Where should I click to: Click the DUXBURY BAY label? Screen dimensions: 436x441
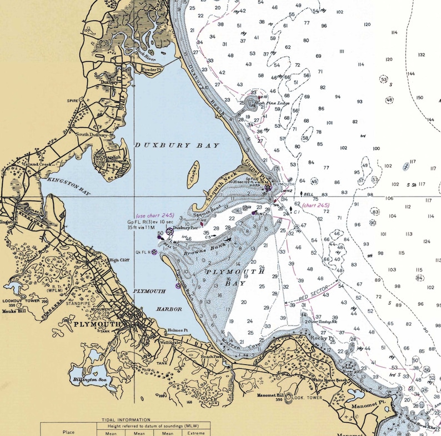pyautogui.click(x=177, y=145)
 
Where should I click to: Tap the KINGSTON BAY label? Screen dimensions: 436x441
pyautogui.click(x=69, y=185)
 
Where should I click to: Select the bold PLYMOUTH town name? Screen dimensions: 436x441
pyautogui.click(x=97, y=324)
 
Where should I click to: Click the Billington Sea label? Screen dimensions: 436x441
pyautogui.click(x=91, y=381)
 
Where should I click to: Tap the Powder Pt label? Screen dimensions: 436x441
pyautogui.click(x=151, y=70)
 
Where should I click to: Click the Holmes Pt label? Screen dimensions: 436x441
pyautogui.click(x=178, y=330)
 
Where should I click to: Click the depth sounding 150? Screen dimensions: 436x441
pyautogui.click(x=419, y=98)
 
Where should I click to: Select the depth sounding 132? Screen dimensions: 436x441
pyautogui.click(x=421, y=54)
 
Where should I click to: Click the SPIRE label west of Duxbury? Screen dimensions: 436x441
pyautogui.click(x=71, y=101)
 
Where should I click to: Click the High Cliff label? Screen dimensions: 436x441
pyautogui.click(x=118, y=259)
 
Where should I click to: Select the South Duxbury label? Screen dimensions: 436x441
pyautogui.click(x=91, y=134)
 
